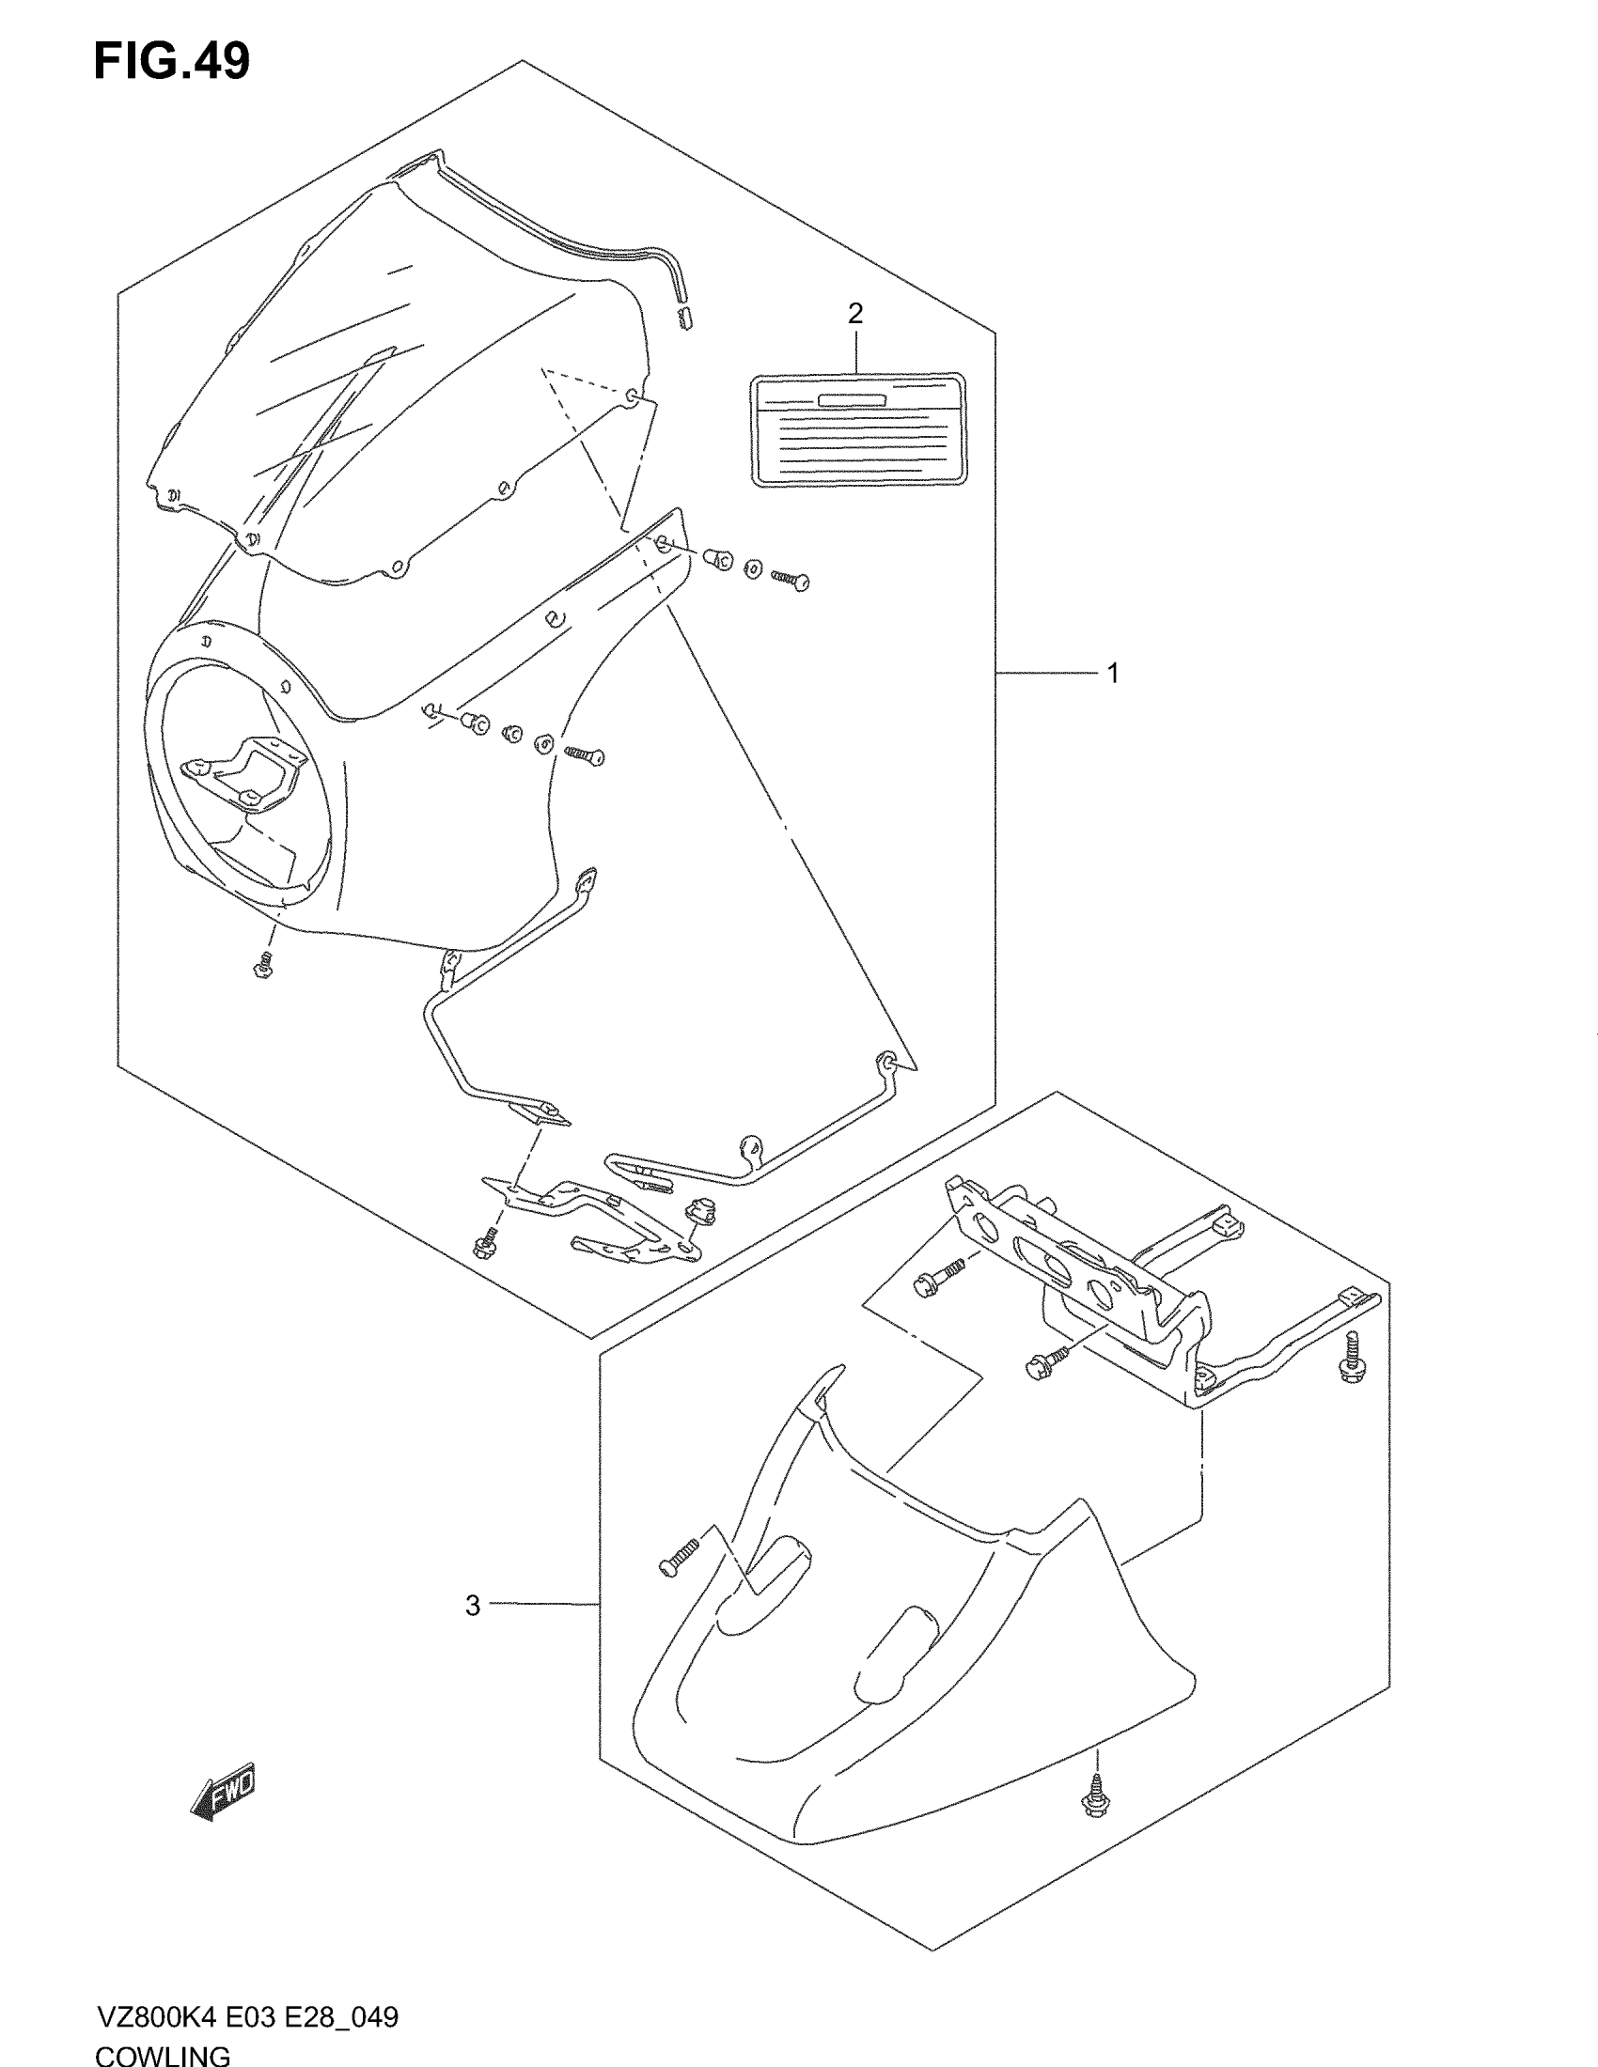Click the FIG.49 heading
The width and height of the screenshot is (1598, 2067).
171,61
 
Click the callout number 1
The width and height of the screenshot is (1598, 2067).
1113,674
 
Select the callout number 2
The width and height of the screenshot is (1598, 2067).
854,313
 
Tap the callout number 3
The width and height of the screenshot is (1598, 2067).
474,1605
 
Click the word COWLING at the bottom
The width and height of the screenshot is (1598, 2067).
162,2055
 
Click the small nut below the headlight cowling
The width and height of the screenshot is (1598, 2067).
263,967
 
